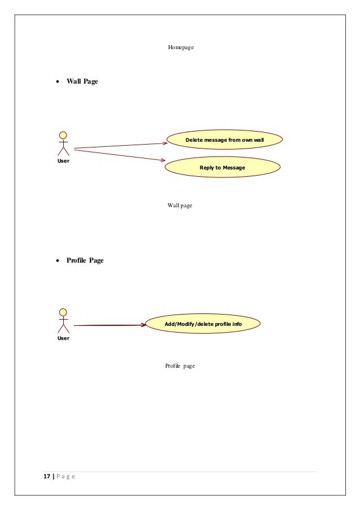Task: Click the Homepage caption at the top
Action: coord(181,48)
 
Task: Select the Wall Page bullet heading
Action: coord(82,82)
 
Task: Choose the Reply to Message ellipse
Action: coord(222,168)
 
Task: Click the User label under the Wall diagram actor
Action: coord(63,161)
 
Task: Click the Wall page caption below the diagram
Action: coord(179,206)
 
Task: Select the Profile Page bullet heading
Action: coord(85,260)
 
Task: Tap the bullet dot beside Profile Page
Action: coord(58,261)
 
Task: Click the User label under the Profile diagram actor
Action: coord(63,338)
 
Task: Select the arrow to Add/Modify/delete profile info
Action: coord(109,325)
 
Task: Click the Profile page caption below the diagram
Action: coord(179,366)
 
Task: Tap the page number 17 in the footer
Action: coord(47,477)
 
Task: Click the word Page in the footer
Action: coord(65,477)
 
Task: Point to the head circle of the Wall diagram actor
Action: coord(63,135)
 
